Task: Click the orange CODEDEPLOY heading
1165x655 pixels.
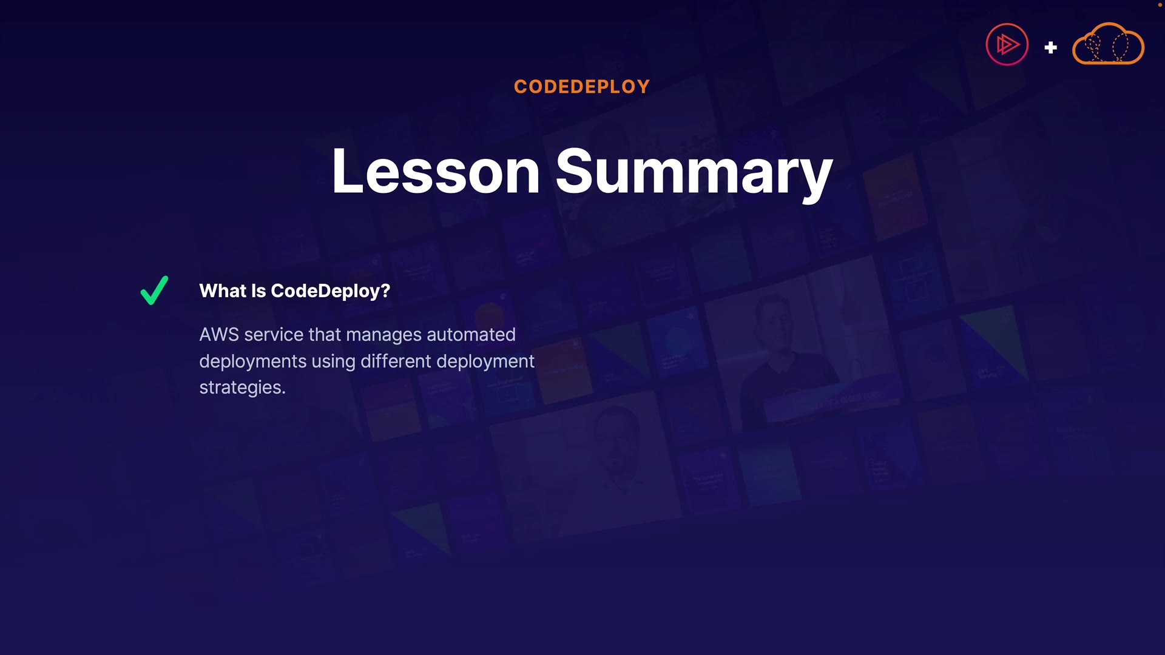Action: pos(582,87)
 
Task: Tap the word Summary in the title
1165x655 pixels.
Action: pos(694,174)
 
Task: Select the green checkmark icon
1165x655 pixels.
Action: pos(154,291)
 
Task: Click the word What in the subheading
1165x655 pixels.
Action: pos(223,291)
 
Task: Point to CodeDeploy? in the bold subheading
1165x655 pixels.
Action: pos(331,292)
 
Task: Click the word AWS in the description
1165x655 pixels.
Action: pos(219,335)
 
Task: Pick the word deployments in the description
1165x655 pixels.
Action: pos(253,361)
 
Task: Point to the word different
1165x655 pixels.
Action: pos(396,361)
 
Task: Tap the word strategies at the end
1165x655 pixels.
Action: pos(243,388)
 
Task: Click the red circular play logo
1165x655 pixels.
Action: pos(1007,44)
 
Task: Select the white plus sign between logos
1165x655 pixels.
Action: pos(1051,47)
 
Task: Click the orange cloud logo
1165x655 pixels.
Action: pos(1109,43)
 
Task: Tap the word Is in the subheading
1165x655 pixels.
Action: pos(258,291)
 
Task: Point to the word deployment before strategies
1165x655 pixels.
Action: pos(485,361)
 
